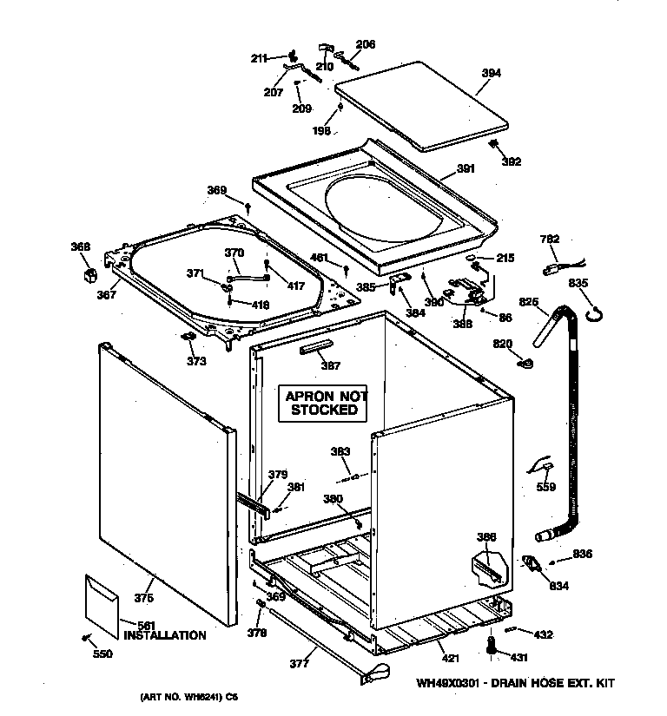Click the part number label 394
[x=491, y=74]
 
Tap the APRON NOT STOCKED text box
[x=322, y=403]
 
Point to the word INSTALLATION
[x=165, y=635]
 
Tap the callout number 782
[x=550, y=240]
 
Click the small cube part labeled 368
[x=87, y=275]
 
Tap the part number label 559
[x=545, y=487]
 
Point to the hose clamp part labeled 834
[x=530, y=565]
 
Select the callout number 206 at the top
[x=366, y=44]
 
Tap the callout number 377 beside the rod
[x=300, y=666]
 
